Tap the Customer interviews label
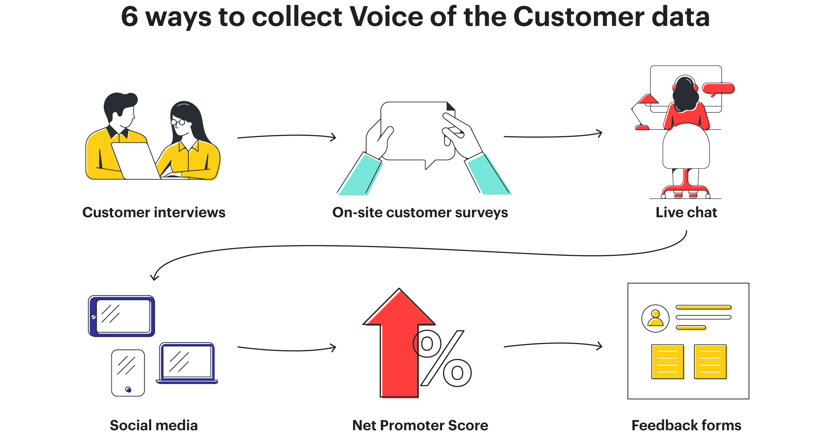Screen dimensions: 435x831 tap(154, 212)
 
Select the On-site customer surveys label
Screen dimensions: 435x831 tap(420, 212)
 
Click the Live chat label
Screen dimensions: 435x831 tap(686, 212)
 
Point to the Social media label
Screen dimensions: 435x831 tap(154, 425)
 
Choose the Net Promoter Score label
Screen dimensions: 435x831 tap(420, 425)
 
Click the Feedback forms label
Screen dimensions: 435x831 tap(686, 425)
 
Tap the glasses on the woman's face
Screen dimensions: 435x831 tap(179, 122)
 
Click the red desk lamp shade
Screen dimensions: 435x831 tap(648, 100)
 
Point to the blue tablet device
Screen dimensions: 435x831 tap(122, 316)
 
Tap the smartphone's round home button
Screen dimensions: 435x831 tap(128, 390)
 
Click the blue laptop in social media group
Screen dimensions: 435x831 tap(187, 363)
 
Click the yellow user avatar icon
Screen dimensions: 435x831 tap(656, 318)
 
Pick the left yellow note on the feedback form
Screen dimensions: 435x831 tap(668, 362)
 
